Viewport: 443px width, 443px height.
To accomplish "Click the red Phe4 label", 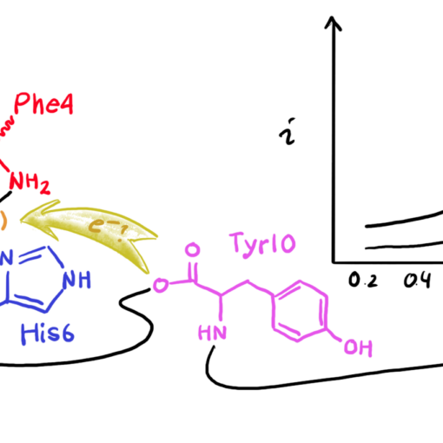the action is (43, 103).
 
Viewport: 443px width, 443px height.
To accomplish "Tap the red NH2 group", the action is (30, 183).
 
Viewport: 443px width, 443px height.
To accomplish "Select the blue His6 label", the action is (48, 334).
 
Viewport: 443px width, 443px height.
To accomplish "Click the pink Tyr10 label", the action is (262, 244).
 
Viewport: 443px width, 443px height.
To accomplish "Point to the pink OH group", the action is (358, 347).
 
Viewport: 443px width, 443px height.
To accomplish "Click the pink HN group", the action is (212, 333).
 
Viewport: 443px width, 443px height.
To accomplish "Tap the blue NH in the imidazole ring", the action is (76, 280).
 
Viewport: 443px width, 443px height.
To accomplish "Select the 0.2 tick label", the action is (363, 280).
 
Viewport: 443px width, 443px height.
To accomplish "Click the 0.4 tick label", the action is (417, 280).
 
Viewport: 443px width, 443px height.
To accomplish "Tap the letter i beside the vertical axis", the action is (288, 131).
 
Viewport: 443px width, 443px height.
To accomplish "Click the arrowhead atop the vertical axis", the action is (333, 23).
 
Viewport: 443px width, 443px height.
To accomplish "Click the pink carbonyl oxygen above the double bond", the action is (192, 249).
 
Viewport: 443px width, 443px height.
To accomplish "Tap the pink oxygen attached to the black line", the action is (161, 285).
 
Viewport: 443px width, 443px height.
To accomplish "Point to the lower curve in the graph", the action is (404, 246).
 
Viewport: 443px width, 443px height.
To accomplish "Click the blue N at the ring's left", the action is (6, 258).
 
